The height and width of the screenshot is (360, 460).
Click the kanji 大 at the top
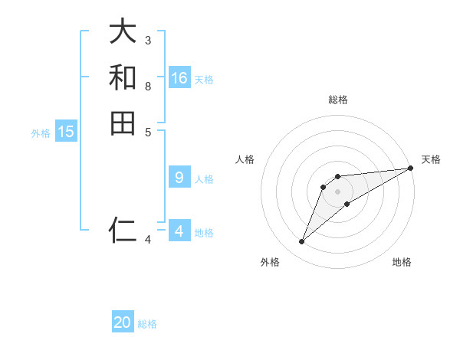pyautogui.click(x=123, y=32)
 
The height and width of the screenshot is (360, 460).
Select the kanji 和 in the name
pyautogui.click(x=123, y=77)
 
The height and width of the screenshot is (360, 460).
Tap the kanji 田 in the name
pyautogui.click(x=123, y=123)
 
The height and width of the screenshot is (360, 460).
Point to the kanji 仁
pyautogui.click(x=123, y=229)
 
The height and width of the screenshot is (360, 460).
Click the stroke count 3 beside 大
pyautogui.click(x=148, y=40)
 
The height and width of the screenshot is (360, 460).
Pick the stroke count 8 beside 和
pyautogui.click(x=148, y=85)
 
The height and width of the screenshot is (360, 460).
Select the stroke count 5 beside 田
pyautogui.click(x=148, y=131)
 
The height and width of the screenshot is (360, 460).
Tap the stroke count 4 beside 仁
pyautogui.click(x=148, y=240)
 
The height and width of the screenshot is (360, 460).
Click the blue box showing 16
pyautogui.click(x=179, y=77)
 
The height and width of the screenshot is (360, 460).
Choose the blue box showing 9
pyautogui.click(x=179, y=178)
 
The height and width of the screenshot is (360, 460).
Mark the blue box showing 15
pyautogui.click(x=66, y=132)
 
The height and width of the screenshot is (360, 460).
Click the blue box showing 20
pyautogui.click(x=123, y=322)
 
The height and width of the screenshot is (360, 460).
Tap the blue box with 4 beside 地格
pyautogui.click(x=179, y=231)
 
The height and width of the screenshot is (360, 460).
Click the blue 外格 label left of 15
pyautogui.click(x=41, y=133)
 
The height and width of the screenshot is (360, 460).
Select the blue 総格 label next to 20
pyautogui.click(x=147, y=324)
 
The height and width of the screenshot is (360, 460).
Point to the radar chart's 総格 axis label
pyautogui.click(x=337, y=100)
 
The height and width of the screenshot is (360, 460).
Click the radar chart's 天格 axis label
pyautogui.click(x=431, y=159)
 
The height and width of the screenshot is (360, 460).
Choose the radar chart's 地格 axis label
pyautogui.click(x=402, y=262)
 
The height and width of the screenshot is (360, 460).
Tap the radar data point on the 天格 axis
pyautogui.click(x=410, y=168)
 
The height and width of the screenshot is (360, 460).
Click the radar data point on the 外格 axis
pyautogui.click(x=302, y=242)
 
